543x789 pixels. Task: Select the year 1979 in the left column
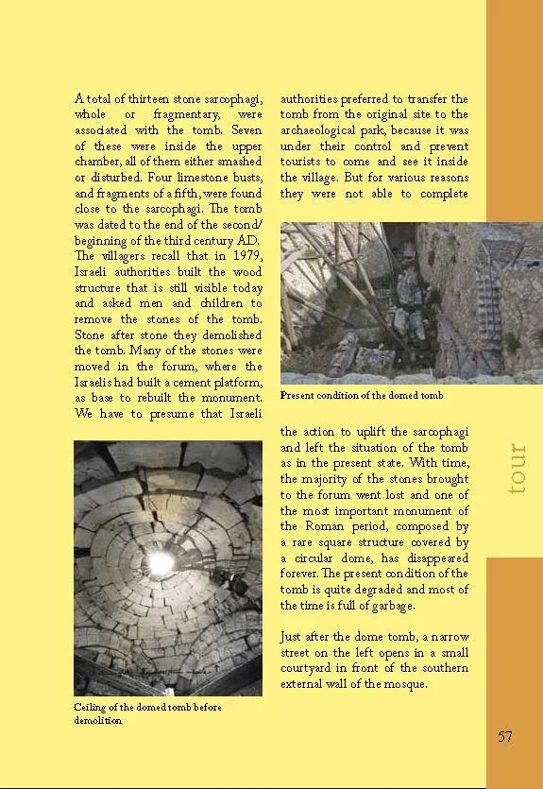245,256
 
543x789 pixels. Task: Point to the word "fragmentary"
167,115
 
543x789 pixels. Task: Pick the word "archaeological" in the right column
325,130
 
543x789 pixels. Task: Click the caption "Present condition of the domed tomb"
362,395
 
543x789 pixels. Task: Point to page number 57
505,737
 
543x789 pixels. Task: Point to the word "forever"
302,574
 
